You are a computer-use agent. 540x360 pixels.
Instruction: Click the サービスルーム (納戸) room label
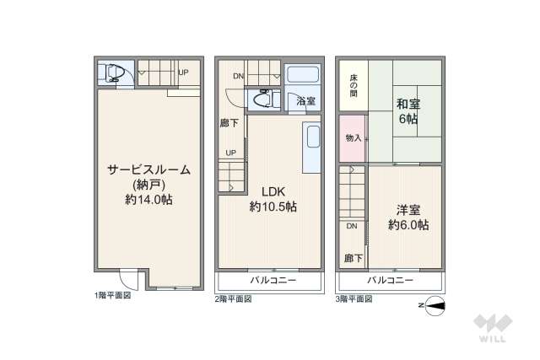[148, 185]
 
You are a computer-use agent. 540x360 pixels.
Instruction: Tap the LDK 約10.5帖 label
[273, 198]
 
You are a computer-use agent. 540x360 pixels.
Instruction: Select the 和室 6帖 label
[408, 111]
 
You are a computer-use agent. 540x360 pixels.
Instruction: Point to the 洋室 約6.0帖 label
[408, 218]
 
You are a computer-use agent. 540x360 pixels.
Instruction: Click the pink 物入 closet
[354, 138]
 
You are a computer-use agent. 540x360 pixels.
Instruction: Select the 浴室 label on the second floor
[305, 101]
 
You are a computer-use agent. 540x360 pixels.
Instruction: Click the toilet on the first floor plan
[114, 74]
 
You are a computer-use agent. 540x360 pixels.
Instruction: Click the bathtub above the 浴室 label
[303, 73]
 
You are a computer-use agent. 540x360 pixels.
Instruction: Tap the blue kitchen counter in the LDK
[310, 148]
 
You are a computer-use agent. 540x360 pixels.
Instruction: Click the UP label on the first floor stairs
[183, 73]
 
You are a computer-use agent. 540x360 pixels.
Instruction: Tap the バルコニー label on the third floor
[390, 279]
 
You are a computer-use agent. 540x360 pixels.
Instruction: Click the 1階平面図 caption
[112, 297]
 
